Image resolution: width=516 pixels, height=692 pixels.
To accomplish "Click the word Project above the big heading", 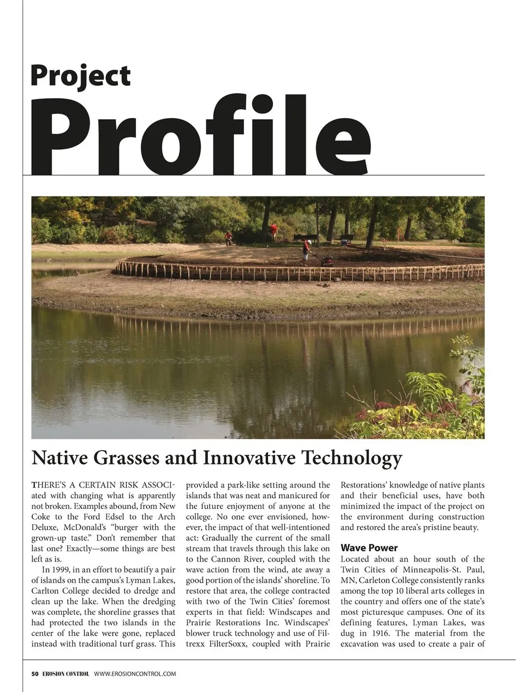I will (x=80, y=76).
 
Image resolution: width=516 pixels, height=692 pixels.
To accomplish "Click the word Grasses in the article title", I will (x=126, y=458).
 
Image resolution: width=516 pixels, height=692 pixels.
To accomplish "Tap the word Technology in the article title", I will (x=352, y=458).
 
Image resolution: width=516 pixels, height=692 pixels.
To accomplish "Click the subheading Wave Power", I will (x=369, y=548).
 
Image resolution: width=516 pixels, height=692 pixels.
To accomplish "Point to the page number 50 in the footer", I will (x=35, y=674).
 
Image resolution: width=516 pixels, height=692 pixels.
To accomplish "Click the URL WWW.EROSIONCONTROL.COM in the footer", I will (x=134, y=674).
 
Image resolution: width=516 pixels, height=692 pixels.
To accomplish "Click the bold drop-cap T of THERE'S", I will (x=34, y=485).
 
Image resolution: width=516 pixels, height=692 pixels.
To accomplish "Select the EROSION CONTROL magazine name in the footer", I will (x=66, y=674).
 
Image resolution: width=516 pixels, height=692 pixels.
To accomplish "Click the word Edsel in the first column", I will (x=114, y=516).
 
